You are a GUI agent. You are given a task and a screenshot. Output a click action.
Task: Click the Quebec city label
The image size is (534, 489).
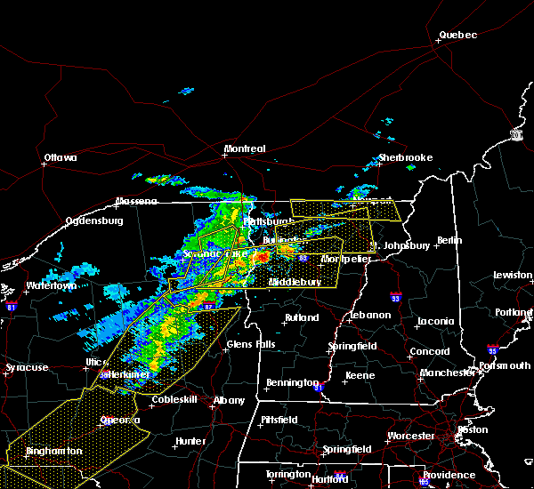pos(457,36)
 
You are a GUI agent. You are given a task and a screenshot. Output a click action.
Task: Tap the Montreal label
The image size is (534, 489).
pos(244,148)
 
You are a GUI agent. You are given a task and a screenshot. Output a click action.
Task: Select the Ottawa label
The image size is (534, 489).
pos(61,158)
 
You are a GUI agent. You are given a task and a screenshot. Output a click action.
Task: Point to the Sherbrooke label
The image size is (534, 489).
pos(405,157)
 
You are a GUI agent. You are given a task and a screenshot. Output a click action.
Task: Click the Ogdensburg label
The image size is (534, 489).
pos(95,221)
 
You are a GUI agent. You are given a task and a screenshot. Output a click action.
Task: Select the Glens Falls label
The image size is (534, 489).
pos(251,344)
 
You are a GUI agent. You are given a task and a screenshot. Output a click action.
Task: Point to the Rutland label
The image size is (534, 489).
pos(301,317)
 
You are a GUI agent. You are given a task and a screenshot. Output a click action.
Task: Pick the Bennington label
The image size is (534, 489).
pos(291,383)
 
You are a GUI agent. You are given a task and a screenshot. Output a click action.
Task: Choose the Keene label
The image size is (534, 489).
pos(360,375)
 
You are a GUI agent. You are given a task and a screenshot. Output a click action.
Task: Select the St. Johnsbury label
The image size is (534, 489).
pos(400,244)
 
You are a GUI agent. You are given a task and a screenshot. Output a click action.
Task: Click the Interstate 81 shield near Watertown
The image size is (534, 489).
pos(11,306)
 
